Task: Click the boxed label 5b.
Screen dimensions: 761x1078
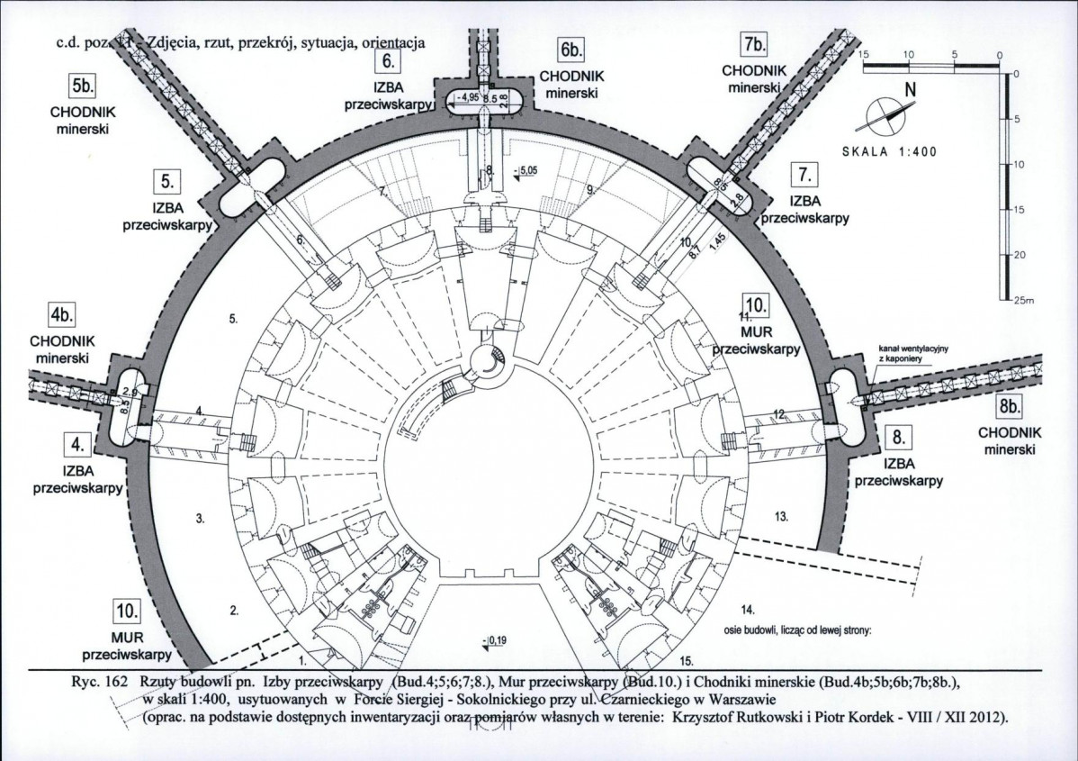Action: pos(84,87)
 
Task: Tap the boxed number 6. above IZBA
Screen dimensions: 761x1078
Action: pos(389,62)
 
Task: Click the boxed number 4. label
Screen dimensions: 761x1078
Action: pos(77,443)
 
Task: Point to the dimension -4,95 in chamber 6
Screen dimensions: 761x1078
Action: pos(466,96)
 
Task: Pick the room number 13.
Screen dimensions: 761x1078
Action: pos(781,516)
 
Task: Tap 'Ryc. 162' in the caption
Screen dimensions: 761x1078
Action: pos(97,684)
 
